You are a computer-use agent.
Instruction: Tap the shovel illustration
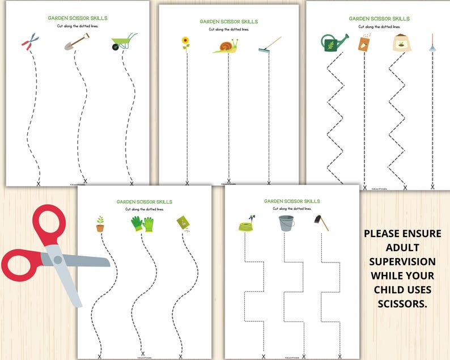(x=77, y=42)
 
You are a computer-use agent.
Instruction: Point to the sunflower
(x=185, y=43)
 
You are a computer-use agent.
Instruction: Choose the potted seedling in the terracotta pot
(x=100, y=224)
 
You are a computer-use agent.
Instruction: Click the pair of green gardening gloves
(x=143, y=224)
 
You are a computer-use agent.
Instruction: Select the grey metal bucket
(x=286, y=223)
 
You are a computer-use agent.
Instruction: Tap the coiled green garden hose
(x=247, y=225)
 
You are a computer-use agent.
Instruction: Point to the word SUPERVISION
(x=402, y=261)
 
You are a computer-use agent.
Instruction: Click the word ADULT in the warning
(x=402, y=247)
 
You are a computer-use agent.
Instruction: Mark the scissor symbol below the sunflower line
(x=188, y=183)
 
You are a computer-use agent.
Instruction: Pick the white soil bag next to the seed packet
(x=399, y=44)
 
